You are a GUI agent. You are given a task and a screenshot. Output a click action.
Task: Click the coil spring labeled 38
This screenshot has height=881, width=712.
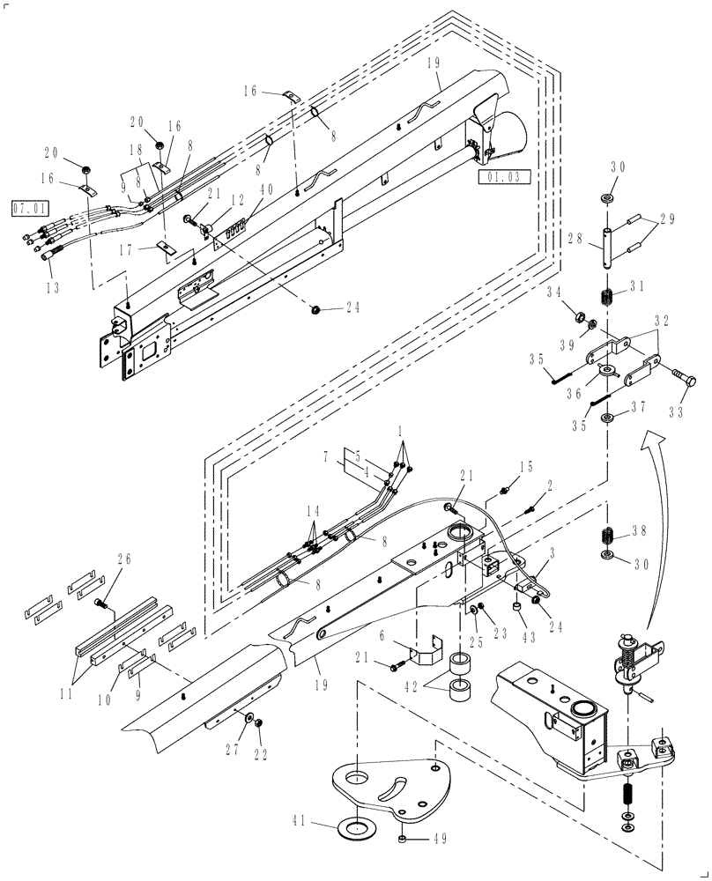click(x=607, y=536)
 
